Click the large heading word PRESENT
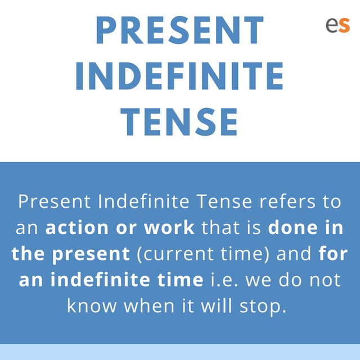click(179, 30)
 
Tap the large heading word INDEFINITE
click(179, 75)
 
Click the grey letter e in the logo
click(331, 25)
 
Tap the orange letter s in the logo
click(344, 25)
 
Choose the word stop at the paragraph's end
click(268, 307)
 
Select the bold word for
click(332, 254)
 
